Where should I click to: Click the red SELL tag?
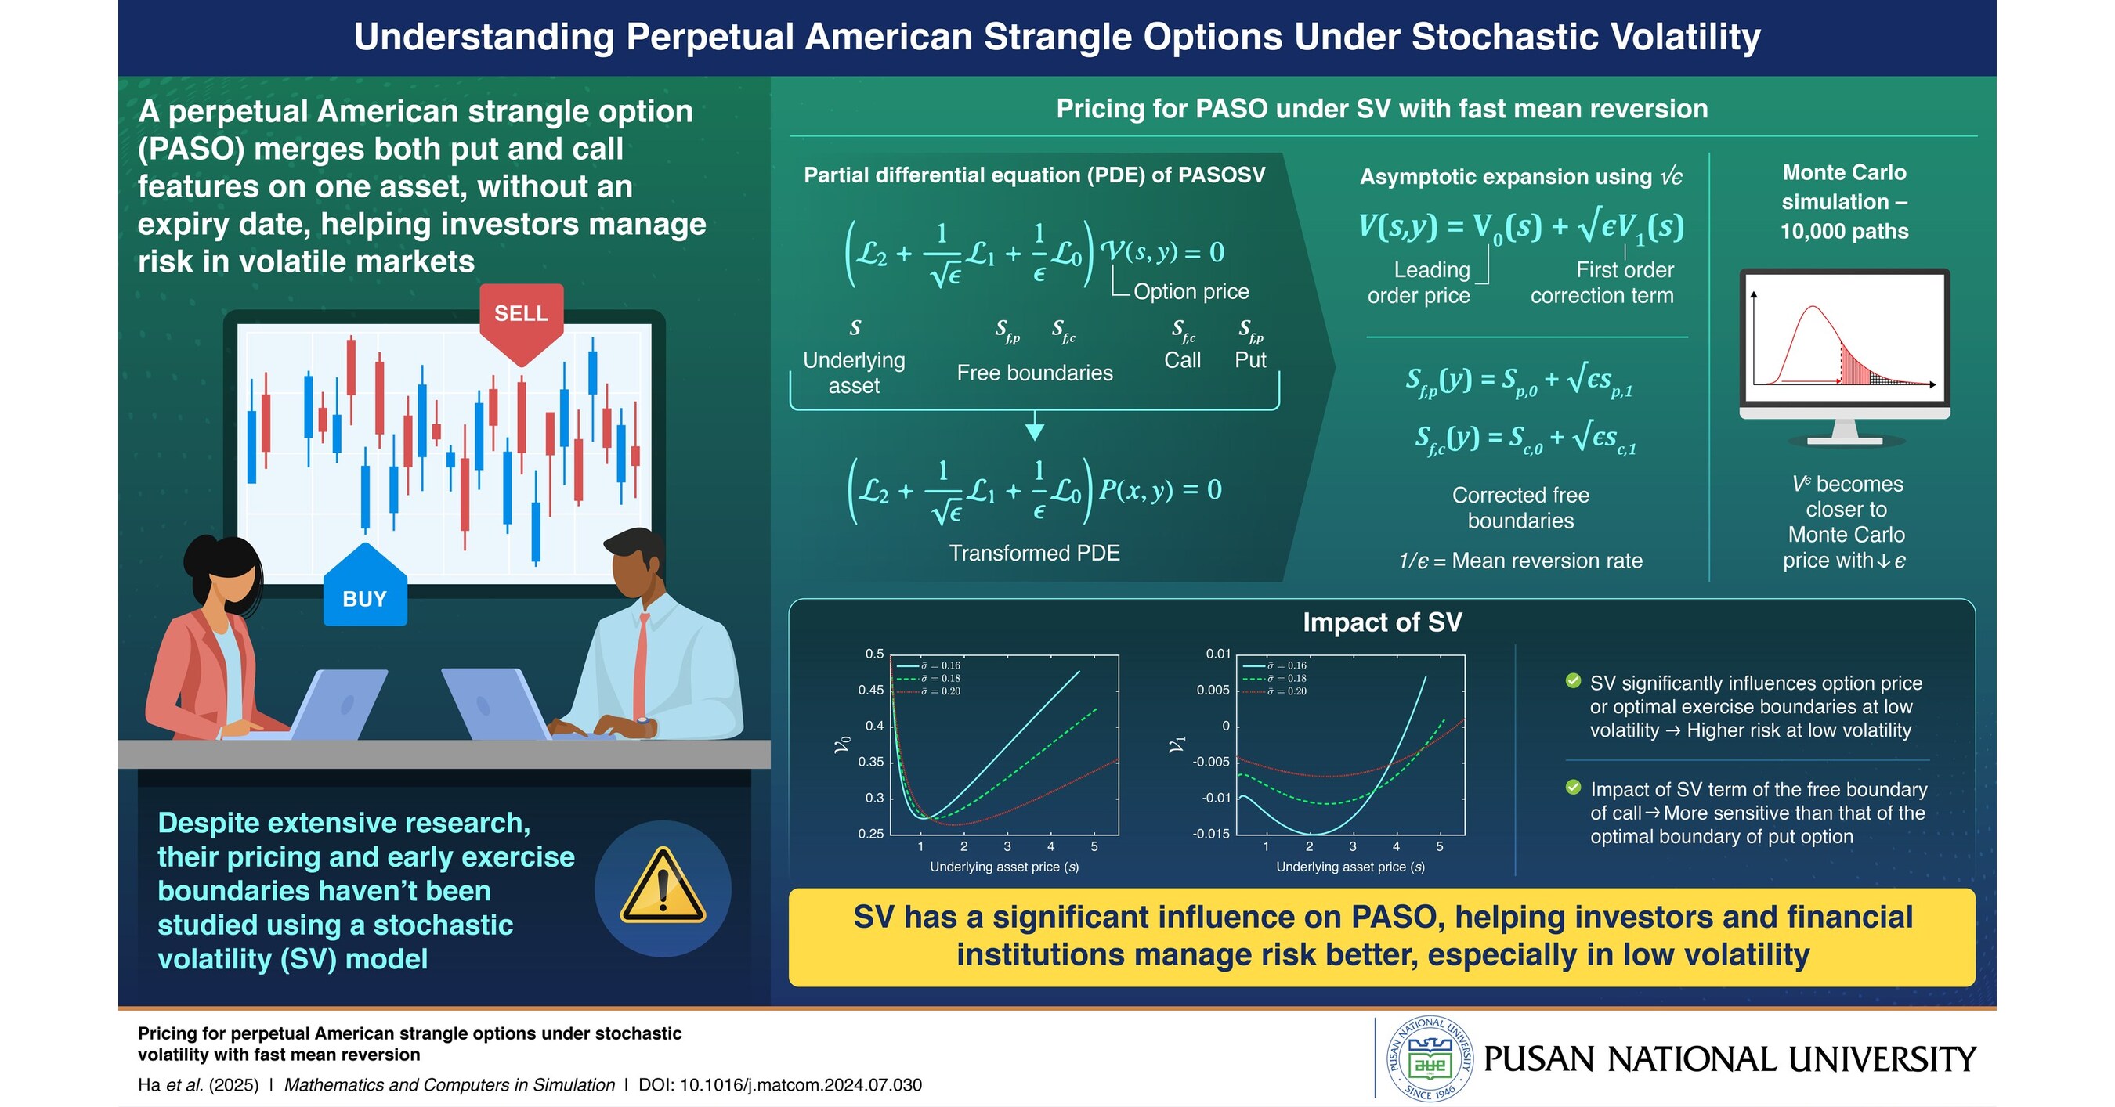click(521, 316)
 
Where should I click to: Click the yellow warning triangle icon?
click(663, 887)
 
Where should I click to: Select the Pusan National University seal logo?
click(1430, 1058)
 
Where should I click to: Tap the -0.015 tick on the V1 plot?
click(1211, 834)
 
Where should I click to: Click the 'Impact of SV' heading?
click(1382, 622)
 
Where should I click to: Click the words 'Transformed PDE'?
click(1034, 553)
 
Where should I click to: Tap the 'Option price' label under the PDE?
click(1191, 291)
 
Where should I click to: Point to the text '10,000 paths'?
click(1843, 232)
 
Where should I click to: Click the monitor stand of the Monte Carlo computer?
click(1844, 432)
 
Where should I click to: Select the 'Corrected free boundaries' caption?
click(1520, 508)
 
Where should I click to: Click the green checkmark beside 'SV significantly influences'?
click(1573, 681)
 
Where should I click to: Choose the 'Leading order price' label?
click(1419, 283)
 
